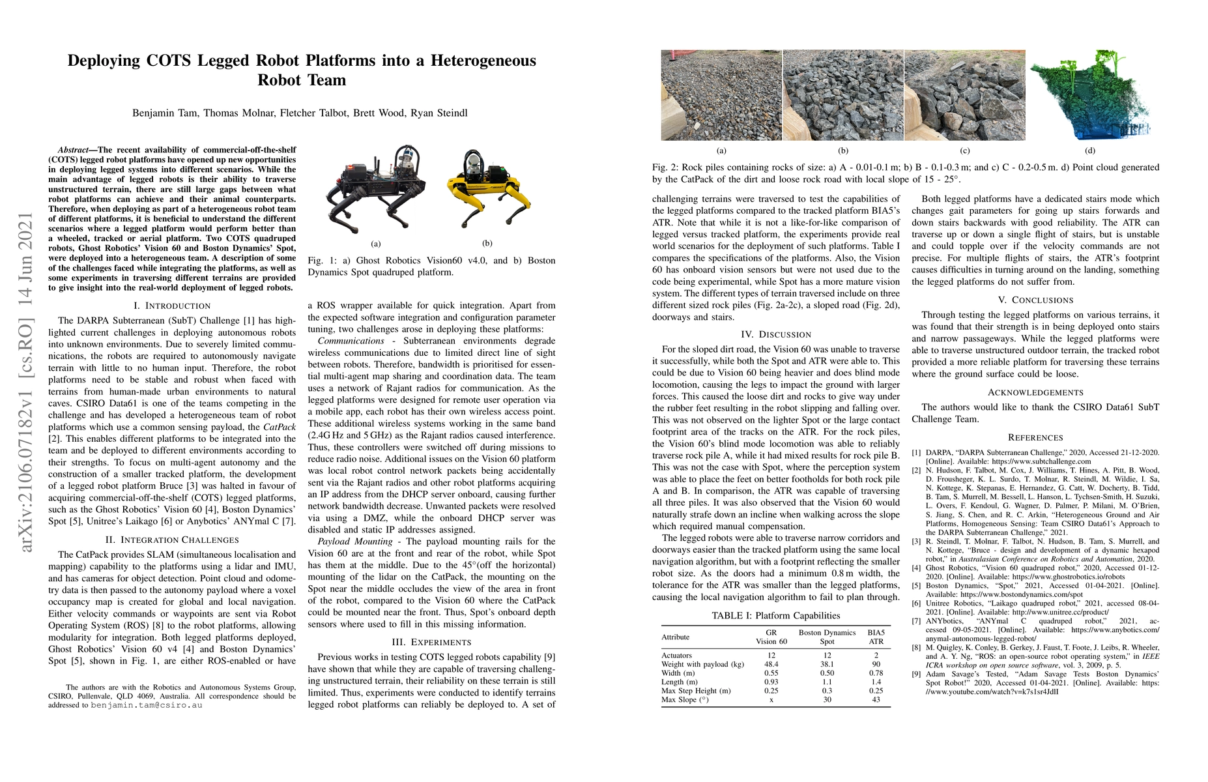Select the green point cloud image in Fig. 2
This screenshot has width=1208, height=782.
1090,95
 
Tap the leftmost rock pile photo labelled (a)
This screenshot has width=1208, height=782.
721,95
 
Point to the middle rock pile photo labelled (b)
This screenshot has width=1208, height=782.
843,95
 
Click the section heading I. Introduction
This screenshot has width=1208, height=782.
172,306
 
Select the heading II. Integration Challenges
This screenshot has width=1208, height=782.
172,540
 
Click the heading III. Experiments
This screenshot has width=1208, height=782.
431,642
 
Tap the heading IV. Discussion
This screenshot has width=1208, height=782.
776,334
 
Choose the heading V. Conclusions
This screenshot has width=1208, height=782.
1035,300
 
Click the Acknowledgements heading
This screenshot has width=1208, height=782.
1035,392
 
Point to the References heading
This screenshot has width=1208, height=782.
1035,437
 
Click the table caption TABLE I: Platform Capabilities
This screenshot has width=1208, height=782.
775,615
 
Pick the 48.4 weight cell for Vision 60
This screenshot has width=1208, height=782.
771,664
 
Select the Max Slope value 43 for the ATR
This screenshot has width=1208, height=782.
876,699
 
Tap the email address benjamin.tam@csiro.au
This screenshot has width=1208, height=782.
147,705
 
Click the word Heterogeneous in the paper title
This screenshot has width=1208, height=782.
461,61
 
